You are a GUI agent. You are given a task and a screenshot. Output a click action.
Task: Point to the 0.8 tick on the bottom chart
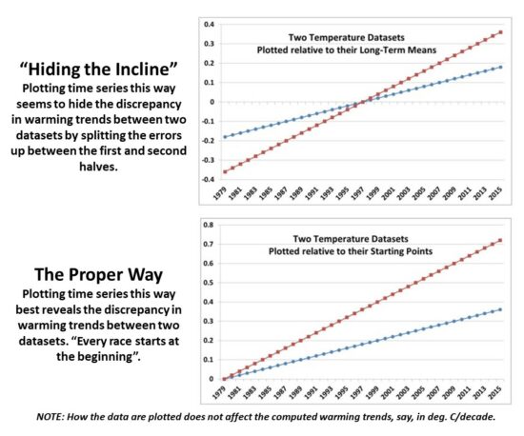click(x=211, y=226)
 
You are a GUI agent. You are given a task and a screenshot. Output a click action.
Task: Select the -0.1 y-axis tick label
click(x=207, y=121)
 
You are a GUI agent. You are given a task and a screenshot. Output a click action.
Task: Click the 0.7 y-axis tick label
click(x=211, y=245)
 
